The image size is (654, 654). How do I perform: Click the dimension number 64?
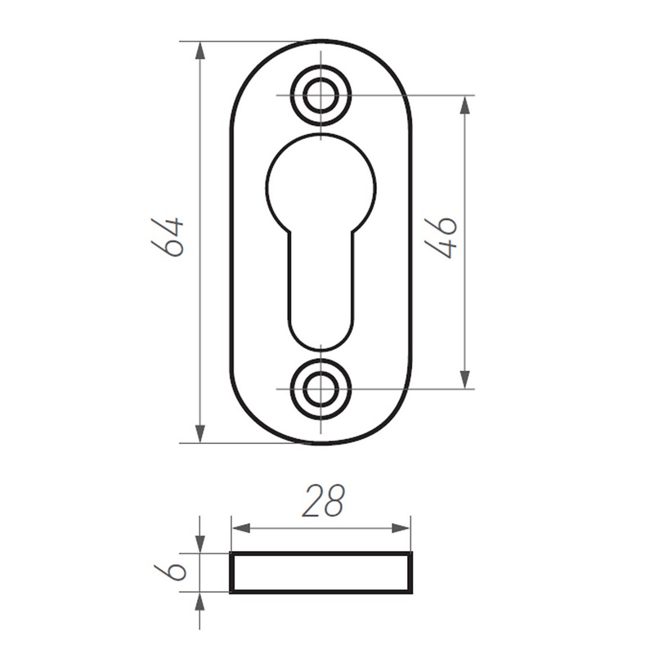[x=168, y=236]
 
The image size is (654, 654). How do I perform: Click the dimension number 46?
[x=441, y=238]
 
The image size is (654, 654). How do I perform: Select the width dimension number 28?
[x=323, y=500]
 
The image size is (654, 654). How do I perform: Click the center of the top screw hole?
[x=320, y=96]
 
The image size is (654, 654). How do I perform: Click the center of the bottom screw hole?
[x=320, y=389]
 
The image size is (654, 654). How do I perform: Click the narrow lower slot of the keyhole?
[x=320, y=288]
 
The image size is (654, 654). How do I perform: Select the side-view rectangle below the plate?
[x=320, y=572]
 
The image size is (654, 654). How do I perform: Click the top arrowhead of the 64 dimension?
[x=200, y=52]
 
